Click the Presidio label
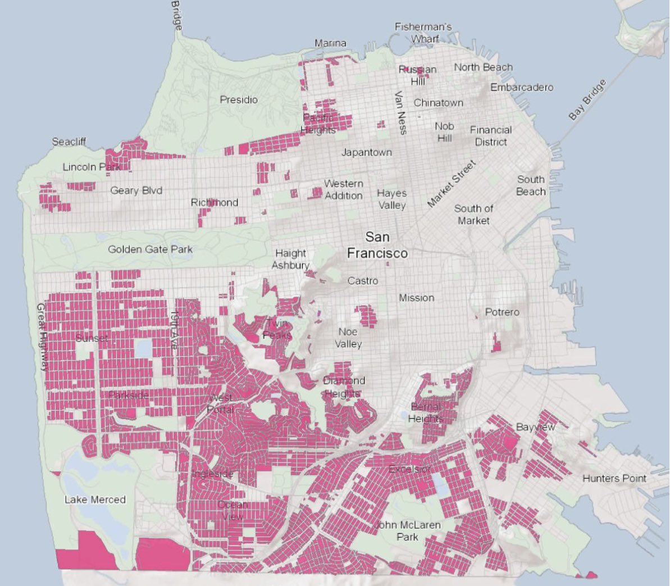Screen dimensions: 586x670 click(239, 100)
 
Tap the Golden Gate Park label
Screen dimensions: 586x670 click(150, 249)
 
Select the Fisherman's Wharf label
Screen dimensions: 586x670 click(423, 33)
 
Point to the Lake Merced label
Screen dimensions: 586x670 click(95, 499)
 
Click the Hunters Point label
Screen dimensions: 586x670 click(614, 479)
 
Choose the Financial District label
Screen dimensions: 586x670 click(491, 136)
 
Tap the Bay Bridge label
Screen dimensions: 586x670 click(587, 100)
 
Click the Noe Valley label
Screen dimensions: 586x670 click(348, 338)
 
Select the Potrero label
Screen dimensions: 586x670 click(502, 312)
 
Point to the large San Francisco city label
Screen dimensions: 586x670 click(377, 245)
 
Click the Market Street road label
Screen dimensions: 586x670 click(452, 183)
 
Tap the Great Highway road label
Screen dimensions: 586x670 click(41, 337)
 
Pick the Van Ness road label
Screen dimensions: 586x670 click(400, 113)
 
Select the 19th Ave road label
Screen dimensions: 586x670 click(174, 331)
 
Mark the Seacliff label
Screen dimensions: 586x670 click(69, 142)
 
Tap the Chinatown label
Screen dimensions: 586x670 click(439, 103)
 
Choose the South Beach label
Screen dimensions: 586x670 click(531, 185)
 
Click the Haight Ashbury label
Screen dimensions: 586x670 click(290, 259)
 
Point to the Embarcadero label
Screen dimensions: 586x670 click(522, 87)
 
